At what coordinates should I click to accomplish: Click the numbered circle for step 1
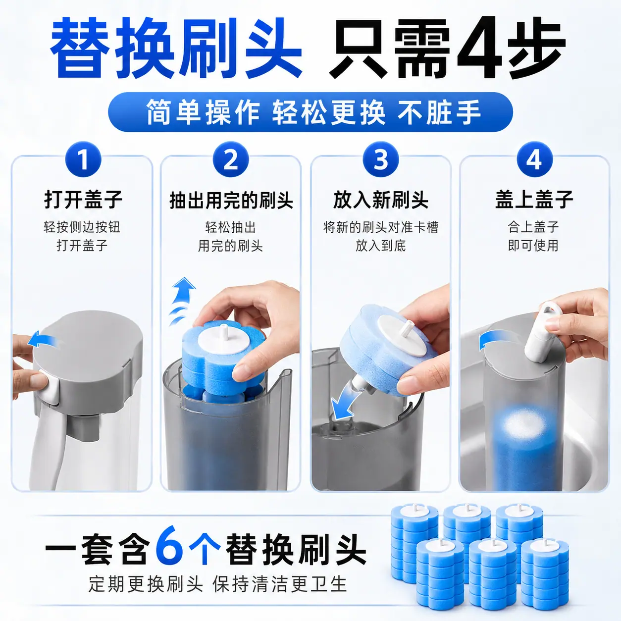[83, 159]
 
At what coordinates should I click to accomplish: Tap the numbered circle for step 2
[231, 159]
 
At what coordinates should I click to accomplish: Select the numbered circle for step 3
[381, 159]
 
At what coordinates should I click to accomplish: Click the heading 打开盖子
[83, 200]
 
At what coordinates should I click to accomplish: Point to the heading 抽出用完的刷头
[231, 200]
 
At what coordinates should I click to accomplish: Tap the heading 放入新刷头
[381, 200]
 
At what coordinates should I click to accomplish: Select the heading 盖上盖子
[534, 200]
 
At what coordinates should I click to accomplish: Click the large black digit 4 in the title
[480, 48]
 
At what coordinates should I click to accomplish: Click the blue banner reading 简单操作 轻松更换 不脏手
[310, 112]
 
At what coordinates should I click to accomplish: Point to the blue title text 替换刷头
[176, 48]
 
